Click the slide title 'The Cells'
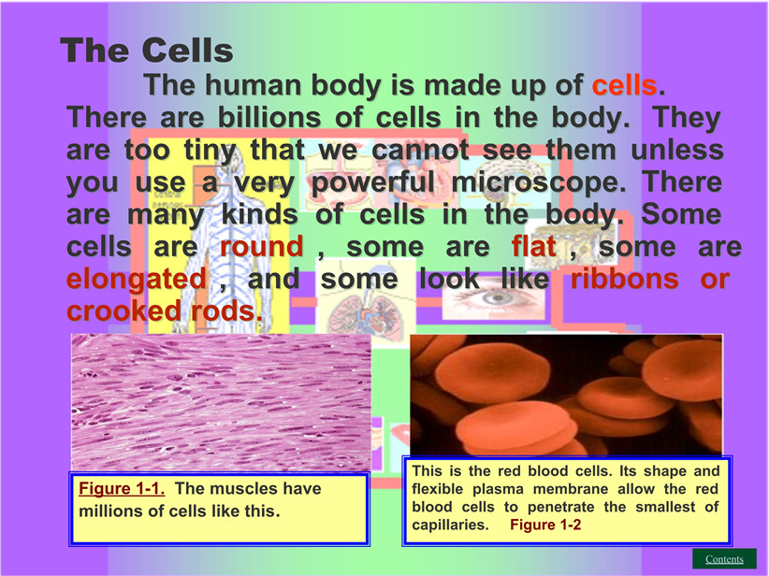(x=147, y=50)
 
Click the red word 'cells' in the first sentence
(x=624, y=85)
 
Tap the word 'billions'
(x=268, y=117)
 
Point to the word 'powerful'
(x=372, y=182)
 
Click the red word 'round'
(x=261, y=247)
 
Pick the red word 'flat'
(x=533, y=247)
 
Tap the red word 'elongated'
(x=137, y=280)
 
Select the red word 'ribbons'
(x=625, y=279)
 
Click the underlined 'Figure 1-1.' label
(x=122, y=488)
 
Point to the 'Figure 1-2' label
(x=545, y=525)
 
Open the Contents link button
(x=724, y=559)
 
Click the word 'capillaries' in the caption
(x=450, y=525)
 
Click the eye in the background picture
(x=495, y=298)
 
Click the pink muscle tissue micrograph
(x=221, y=402)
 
